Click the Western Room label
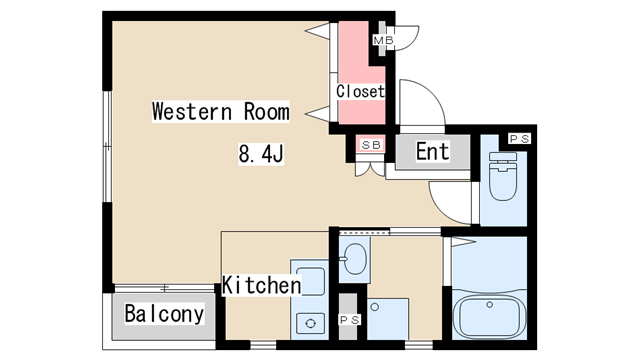tap(221, 111)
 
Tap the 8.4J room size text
tap(261, 154)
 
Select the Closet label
tap(360, 91)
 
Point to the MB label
tap(384, 40)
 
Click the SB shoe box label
tap(371, 144)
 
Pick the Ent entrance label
tap(433, 151)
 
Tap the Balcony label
tap(164, 314)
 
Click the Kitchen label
tap(262, 285)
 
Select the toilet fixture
tap(503, 176)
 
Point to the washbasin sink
tap(354, 259)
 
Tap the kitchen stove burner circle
tap(310, 324)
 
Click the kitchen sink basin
tap(310, 281)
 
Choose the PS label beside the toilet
tap(520, 139)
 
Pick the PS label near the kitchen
tap(350, 320)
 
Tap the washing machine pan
tap(388, 318)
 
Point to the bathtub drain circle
tap(489, 304)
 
